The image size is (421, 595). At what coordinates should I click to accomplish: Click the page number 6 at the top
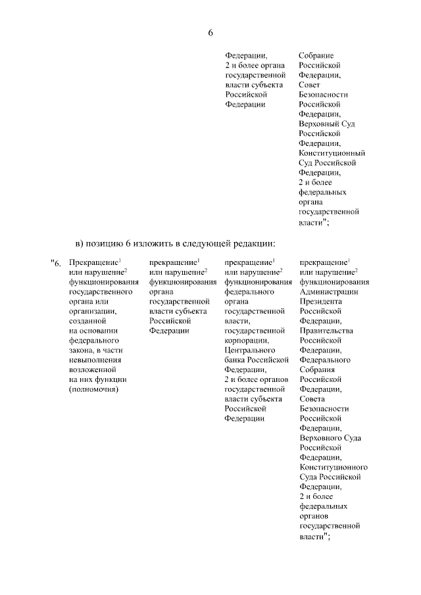click(x=210, y=34)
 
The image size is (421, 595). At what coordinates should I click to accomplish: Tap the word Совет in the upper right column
click(x=310, y=85)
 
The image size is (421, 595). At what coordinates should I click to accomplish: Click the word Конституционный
click(x=332, y=153)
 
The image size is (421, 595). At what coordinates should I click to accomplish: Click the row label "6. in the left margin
click(x=55, y=264)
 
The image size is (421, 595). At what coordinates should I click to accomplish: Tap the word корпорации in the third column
click(x=245, y=341)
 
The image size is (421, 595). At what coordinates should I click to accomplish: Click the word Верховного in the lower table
click(x=321, y=438)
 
